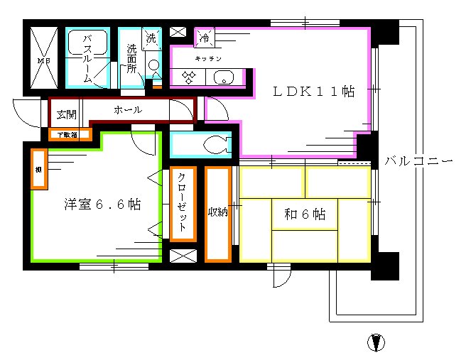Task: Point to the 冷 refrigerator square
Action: [205, 38]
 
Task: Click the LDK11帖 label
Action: [315, 92]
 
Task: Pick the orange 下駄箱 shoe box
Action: [70, 134]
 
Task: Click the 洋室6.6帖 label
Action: [102, 204]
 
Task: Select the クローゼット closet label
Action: [183, 202]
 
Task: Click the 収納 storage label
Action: [217, 212]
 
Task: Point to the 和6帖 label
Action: [305, 214]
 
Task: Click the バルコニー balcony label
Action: [418, 161]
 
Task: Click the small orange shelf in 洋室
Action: [38, 168]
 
